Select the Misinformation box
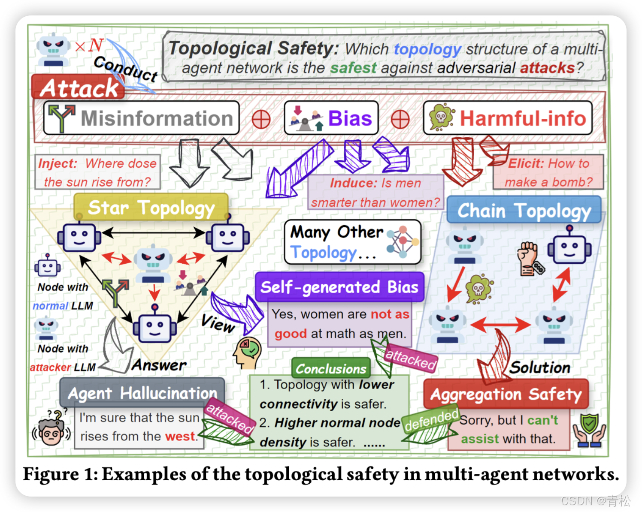click(142, 118)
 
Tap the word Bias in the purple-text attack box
click(350, 118)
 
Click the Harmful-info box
click(508, 118)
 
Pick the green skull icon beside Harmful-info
click(442, 117)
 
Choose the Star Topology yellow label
click(151, 208)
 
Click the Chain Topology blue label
click(524, 211)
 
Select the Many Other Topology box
click(352, 242)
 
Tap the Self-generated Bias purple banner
click(339, 287)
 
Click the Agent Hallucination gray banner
click(142, 393)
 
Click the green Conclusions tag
click(331, 368)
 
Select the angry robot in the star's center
click(153, 263)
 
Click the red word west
click(180, 437)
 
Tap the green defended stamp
click(431, 420)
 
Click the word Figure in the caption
click(51, 474)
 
